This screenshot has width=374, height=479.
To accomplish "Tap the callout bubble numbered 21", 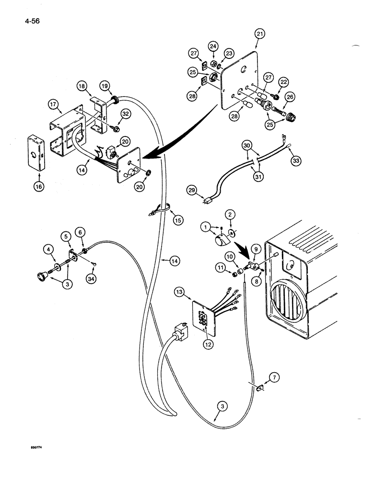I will [259, 34].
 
